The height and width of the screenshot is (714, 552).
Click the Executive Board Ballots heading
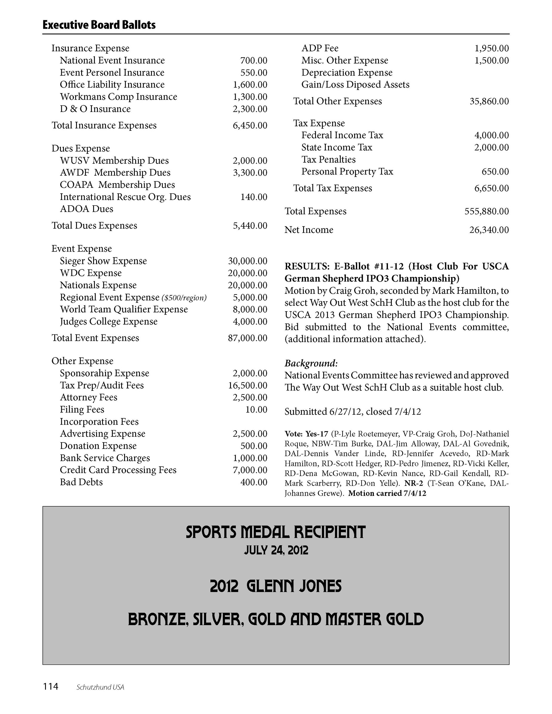[99, 25]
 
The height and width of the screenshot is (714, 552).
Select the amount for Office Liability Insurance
[250, 85]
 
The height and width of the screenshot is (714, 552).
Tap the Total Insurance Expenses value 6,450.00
[250, 126]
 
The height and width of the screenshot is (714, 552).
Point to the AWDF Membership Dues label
[115, 173]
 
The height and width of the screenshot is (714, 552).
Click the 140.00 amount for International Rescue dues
[254, 197]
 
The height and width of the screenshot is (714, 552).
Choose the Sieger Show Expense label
[103, 261]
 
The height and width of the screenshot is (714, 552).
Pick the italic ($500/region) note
[184, 298]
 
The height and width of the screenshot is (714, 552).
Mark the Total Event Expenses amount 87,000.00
[248, 338]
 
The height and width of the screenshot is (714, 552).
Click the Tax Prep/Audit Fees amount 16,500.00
[248, 385]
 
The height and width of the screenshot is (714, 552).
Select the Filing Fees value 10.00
[256, 410]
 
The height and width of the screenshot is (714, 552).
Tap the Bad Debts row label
[81, 482]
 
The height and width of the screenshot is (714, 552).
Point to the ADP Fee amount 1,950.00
[491, 48]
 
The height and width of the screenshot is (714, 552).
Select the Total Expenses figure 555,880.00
[487, 212]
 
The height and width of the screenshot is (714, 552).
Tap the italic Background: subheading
[311, 363]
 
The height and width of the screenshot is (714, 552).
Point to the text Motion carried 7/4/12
[387, 493]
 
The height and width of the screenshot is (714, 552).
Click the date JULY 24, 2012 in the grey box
[276, 550]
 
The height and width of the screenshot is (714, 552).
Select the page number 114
[50, 686]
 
